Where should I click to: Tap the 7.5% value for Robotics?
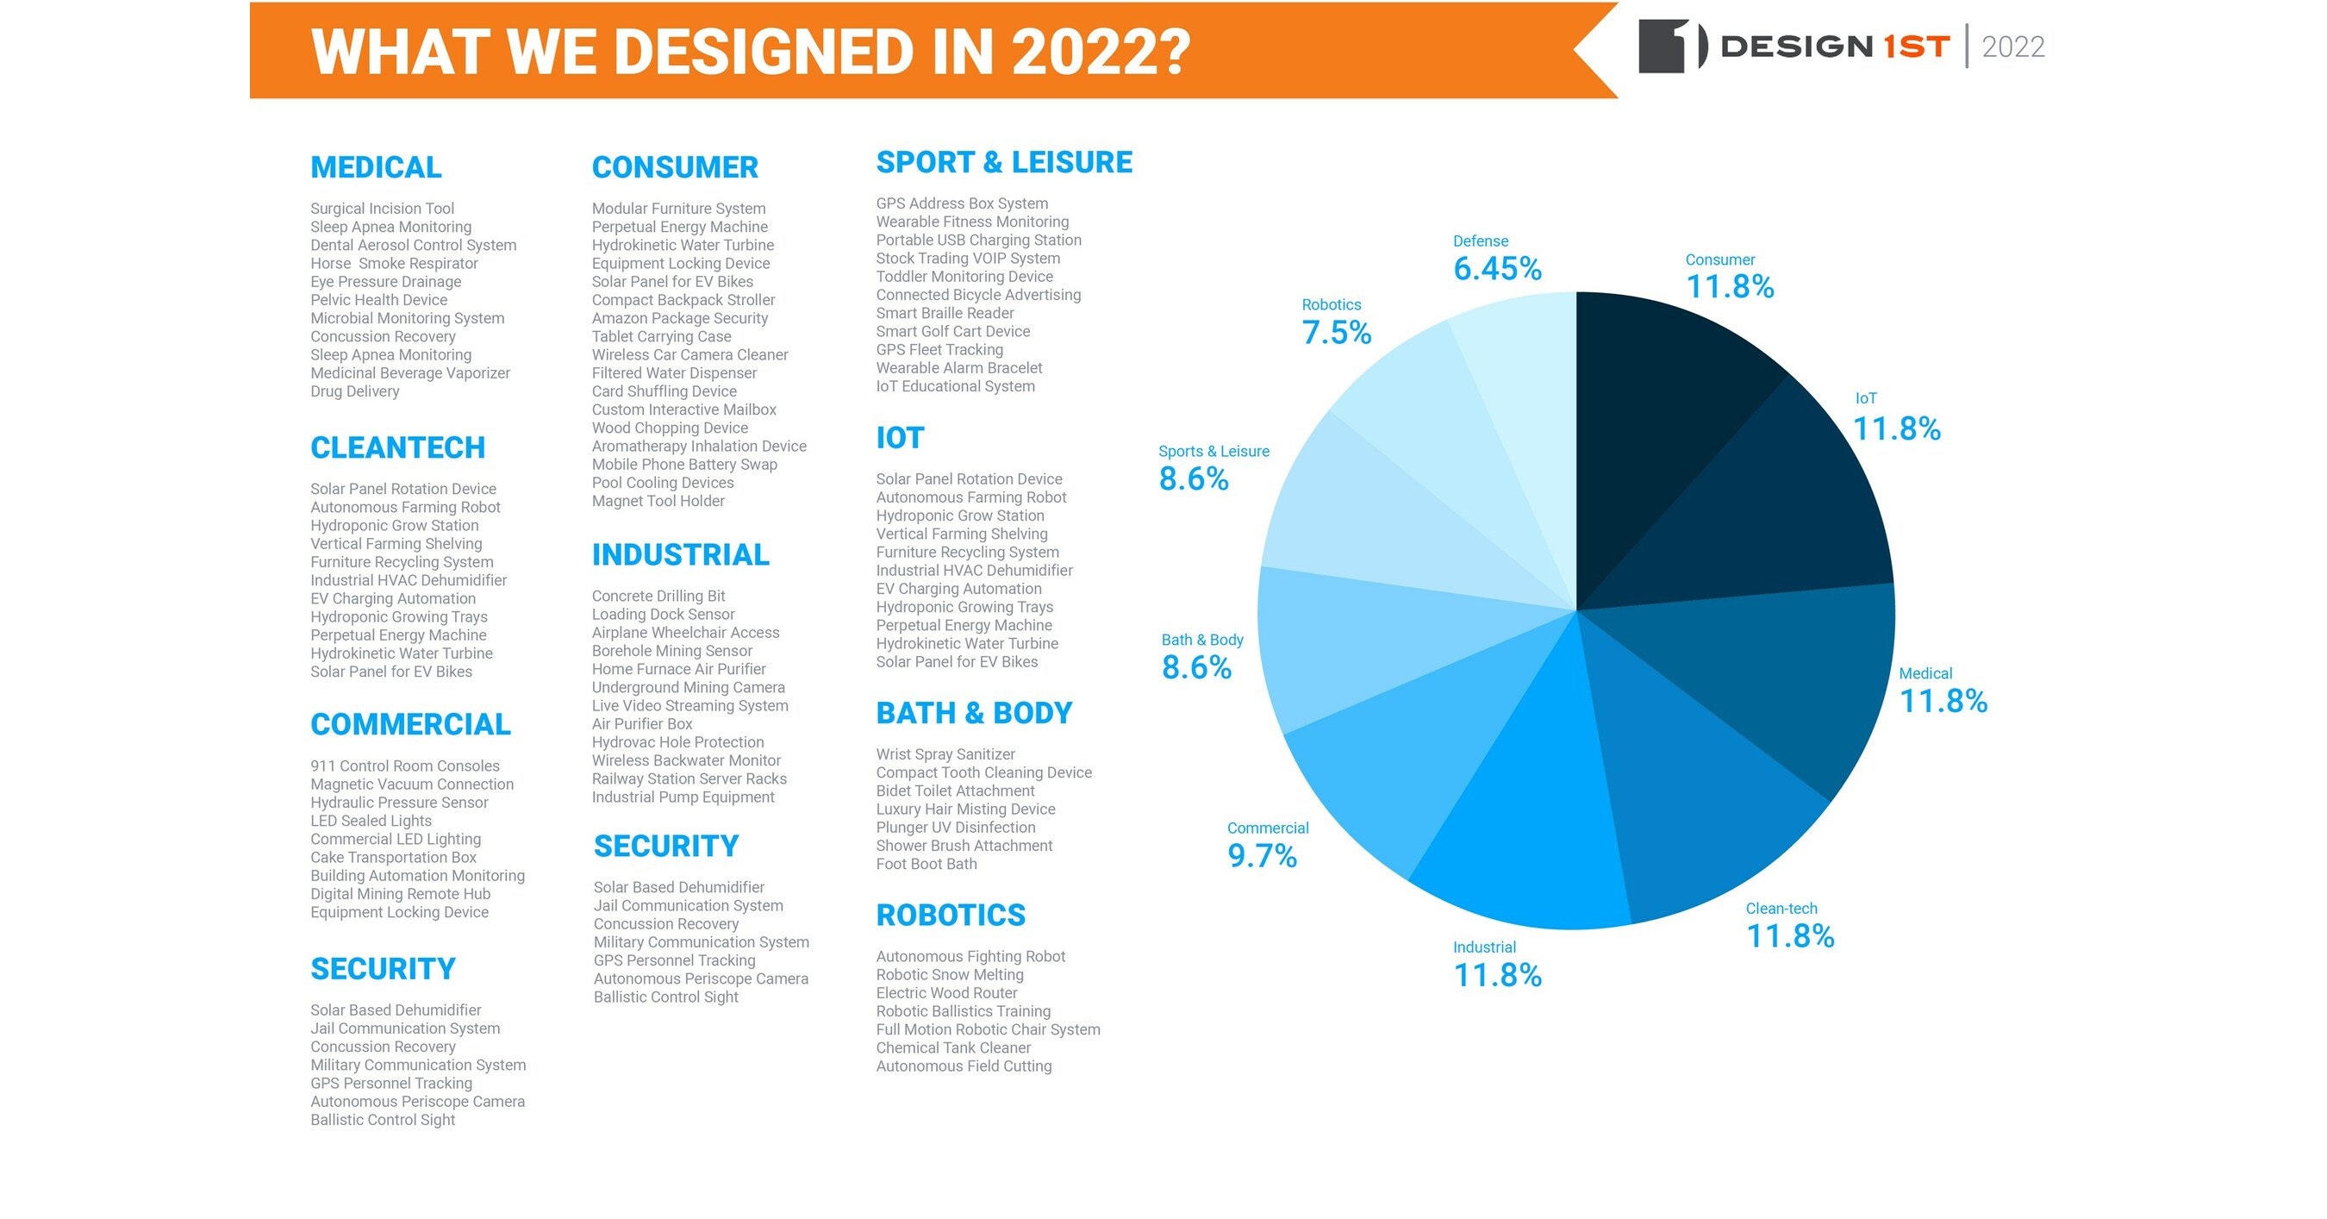(1336, 333)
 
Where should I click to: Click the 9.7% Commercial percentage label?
(1262, 856)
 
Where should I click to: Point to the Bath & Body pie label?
(1201, 640)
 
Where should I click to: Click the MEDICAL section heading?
(376, 167)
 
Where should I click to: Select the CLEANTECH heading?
(397, 447)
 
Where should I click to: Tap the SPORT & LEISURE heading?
(1003, 163)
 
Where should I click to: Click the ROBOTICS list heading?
(951, 915)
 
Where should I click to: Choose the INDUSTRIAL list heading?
(680, 555)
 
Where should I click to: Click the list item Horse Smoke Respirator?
(394, 264)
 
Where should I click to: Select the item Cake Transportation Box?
(393, 858)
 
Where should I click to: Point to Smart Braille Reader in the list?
(945, 314)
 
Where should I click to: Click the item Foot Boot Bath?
(926, 864)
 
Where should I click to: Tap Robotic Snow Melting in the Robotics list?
(950, 975)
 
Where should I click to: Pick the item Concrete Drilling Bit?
(658, 597)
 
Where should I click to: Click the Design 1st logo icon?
(1671, 45)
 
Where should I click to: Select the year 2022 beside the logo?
(2012, 47)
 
